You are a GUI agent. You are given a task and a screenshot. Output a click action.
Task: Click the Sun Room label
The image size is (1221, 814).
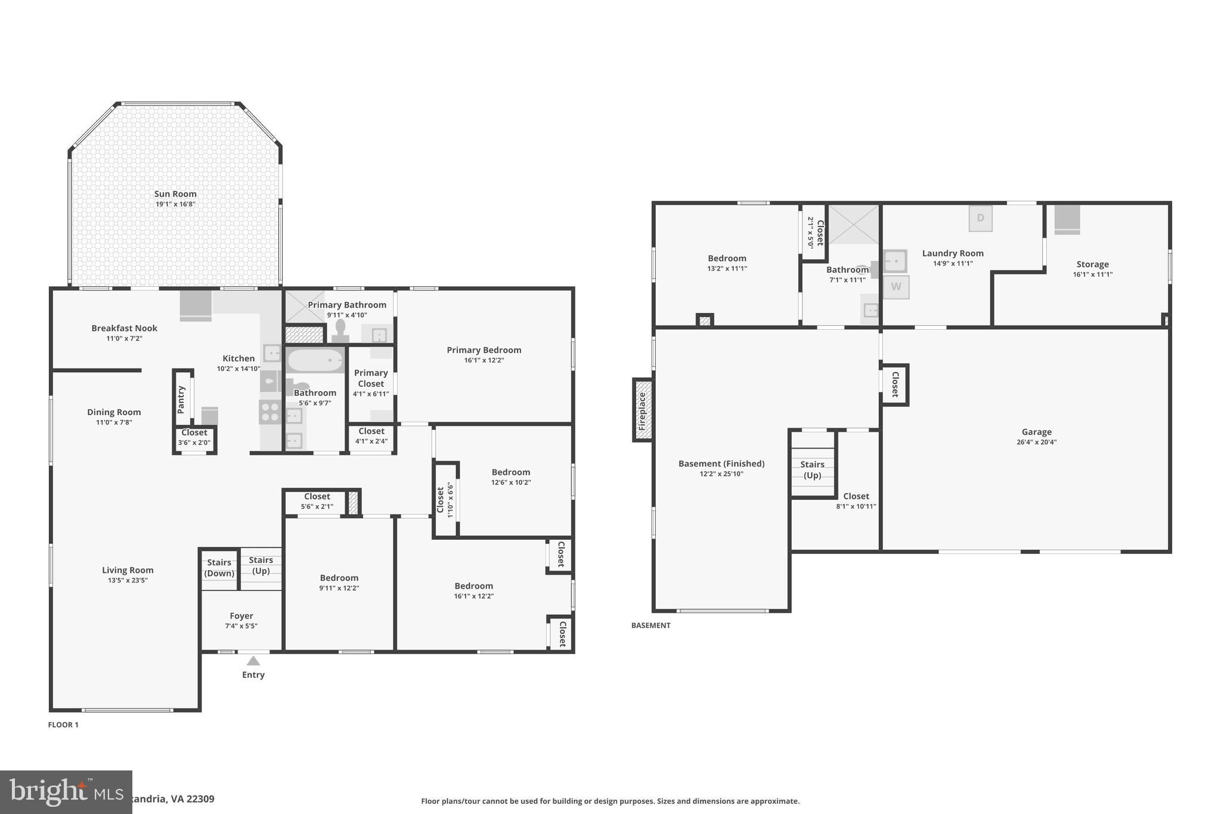click(x=175, y=194)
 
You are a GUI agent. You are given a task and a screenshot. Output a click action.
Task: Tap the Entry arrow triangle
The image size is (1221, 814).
click(x=253, y=661)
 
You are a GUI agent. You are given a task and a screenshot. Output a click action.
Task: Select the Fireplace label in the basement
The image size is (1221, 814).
click(x=642, y=411)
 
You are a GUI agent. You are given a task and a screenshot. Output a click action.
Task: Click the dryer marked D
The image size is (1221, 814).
click(x=980, y=218)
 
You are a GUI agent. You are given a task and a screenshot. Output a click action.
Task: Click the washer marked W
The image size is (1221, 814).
click(x=895, y=287)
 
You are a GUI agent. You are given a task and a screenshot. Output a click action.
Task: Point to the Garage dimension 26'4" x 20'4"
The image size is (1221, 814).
click(x=1036, y=442)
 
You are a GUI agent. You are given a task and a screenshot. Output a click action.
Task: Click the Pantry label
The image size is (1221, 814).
click(x=181, y=400)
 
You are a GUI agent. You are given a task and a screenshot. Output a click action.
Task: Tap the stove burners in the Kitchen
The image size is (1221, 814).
click(x=269, y=411)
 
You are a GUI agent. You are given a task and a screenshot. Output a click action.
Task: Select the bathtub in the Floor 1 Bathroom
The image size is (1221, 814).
click(x=315, y=360)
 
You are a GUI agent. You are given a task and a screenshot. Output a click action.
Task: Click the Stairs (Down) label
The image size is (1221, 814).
click(x=219, y=568)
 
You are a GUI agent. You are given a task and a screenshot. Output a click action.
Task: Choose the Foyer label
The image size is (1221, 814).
click(x=241, y=616)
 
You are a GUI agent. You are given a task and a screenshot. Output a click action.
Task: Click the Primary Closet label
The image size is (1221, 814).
click(x=371, y=378)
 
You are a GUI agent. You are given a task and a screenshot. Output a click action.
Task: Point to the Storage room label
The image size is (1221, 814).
click(x=1092, y=264)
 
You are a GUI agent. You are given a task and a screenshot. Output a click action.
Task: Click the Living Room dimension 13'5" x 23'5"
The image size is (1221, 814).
click(x=128, y=580)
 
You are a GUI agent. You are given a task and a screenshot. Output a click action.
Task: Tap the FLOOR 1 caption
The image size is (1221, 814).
click(x=63, y=725)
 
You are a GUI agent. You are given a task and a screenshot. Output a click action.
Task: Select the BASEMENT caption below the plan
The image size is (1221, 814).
click(x=650, y=626)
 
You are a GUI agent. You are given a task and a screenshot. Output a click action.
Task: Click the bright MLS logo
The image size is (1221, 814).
click(x=66, y=792)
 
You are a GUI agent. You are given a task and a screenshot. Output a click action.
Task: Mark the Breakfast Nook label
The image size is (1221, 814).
click(x=124, y=328)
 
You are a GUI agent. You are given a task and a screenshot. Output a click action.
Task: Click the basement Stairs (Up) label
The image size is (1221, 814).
click(x=812, y=470)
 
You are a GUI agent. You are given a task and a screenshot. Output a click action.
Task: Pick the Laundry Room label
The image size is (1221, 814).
click(x=952, y=253)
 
